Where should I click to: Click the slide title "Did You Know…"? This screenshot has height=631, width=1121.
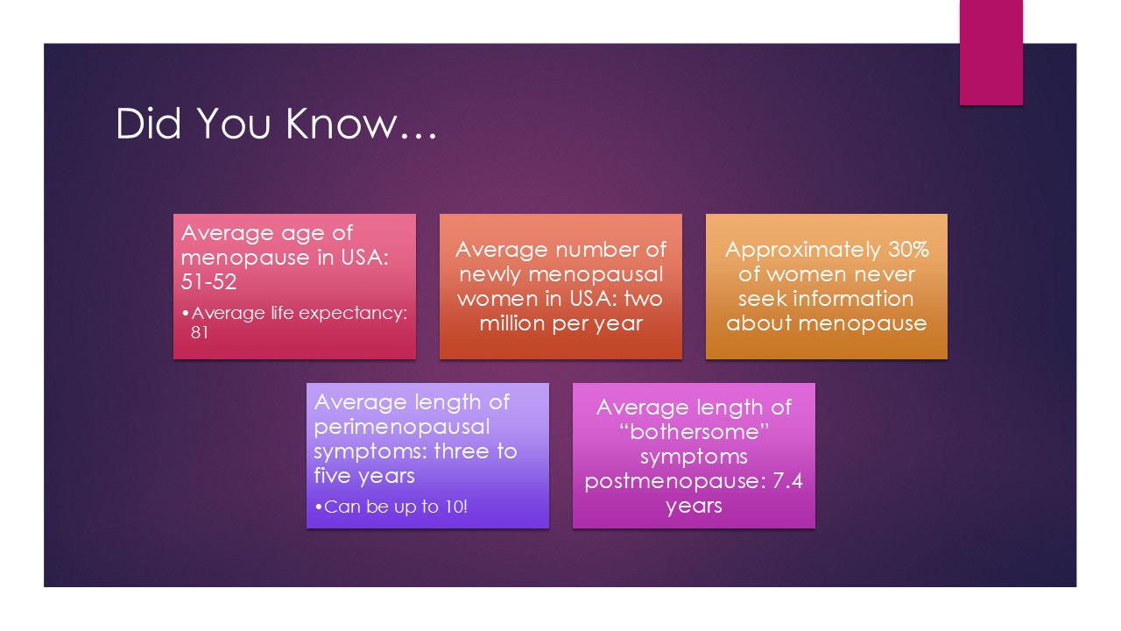click(276, 124)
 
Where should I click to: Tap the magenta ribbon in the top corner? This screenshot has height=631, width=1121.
click(991, 53)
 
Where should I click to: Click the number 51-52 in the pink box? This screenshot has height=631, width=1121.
click(208, 281)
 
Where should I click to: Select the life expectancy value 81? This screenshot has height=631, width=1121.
click(199, 332)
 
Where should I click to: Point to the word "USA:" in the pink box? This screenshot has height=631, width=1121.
click(364, 258)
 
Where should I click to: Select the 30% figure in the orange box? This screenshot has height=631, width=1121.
click(908, 250)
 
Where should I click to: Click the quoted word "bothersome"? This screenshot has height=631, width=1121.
click(694, 432)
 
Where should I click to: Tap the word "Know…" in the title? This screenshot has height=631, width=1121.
click(362, 124)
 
